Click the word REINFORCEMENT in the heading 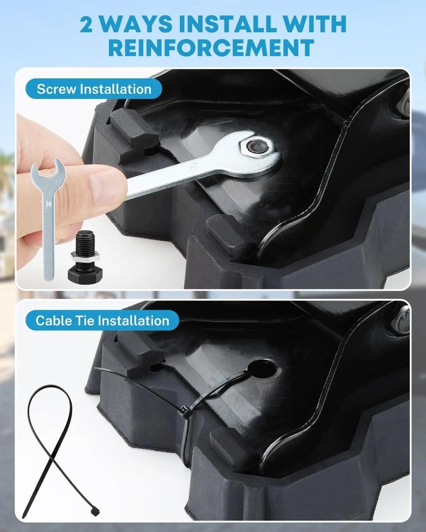tap(211, 47)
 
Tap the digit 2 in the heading tap(86, 24)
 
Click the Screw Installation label tap(94, 89)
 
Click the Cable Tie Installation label tap(102, 321)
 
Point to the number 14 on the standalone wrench tap(48, 204)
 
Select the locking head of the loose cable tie tap(95, 511)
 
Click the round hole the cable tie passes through tap(262, 369)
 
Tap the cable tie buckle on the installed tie tap(184, 411)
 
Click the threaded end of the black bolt tap(85, 242)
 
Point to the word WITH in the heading tap(315, 24)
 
